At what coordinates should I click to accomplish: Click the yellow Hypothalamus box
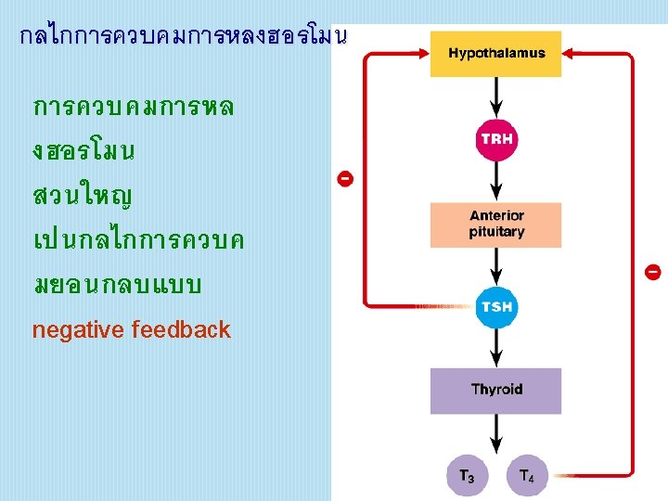[496, 54]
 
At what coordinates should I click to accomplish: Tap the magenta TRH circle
[496, 140]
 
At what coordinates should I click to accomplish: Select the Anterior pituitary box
[496, 225]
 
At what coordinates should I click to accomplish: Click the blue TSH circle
[496, 307]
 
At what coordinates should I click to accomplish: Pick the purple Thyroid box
[496, 391]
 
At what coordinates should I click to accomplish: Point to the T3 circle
[467, 476]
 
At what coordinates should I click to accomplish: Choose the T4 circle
[525, 476]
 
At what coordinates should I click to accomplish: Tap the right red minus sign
[652, 272]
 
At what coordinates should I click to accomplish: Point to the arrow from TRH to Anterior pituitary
[496, 182]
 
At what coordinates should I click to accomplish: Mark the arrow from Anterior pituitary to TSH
[496, 266]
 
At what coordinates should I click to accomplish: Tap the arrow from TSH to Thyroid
[496, 349]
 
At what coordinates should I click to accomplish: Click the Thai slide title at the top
[182, 37]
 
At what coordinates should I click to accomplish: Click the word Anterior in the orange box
[496, 216]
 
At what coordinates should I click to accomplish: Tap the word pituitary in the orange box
[496, 232]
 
